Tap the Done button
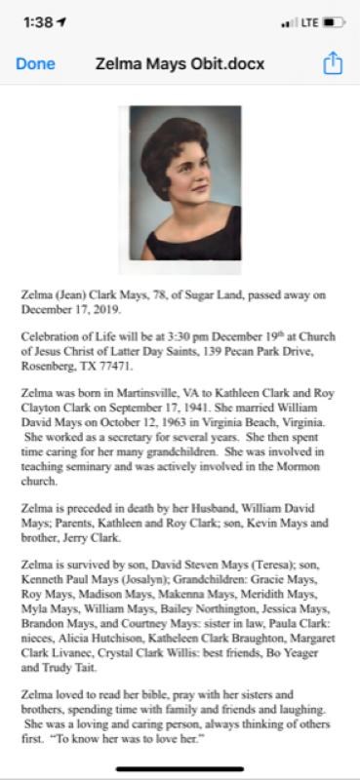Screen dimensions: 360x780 (35, 64)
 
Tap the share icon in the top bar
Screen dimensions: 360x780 (334, 64)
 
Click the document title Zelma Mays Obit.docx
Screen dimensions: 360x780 (180, 64)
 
